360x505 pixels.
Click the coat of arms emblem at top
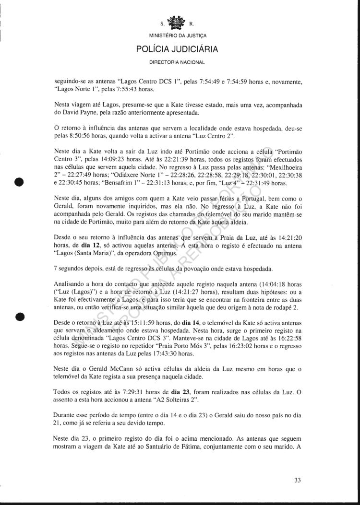[180, 23]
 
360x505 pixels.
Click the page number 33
[298, 480]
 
